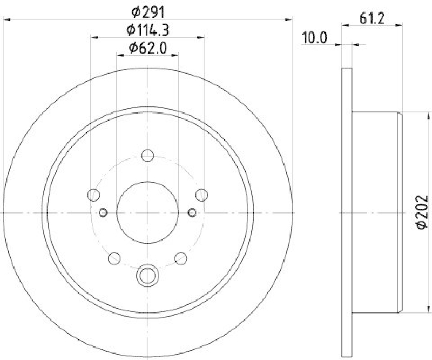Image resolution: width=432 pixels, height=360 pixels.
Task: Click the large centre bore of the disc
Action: [x=147, y=212]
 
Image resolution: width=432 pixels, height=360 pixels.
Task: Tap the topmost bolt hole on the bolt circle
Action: [x=147, y=156]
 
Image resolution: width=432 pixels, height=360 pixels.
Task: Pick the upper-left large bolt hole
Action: [x=94, y=195]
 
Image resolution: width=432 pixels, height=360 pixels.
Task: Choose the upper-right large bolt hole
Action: [x=201, y=195]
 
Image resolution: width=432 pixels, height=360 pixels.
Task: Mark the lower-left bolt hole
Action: [x=114, y=258]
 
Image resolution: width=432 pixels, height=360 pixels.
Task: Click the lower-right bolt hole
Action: [x=181, y=258]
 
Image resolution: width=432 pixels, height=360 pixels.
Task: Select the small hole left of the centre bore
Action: [x=103, y=212]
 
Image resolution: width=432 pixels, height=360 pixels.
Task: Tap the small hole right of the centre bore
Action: [x=192, y=212]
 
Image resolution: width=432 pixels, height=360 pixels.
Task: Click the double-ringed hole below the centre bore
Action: [x=147, y=276]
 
